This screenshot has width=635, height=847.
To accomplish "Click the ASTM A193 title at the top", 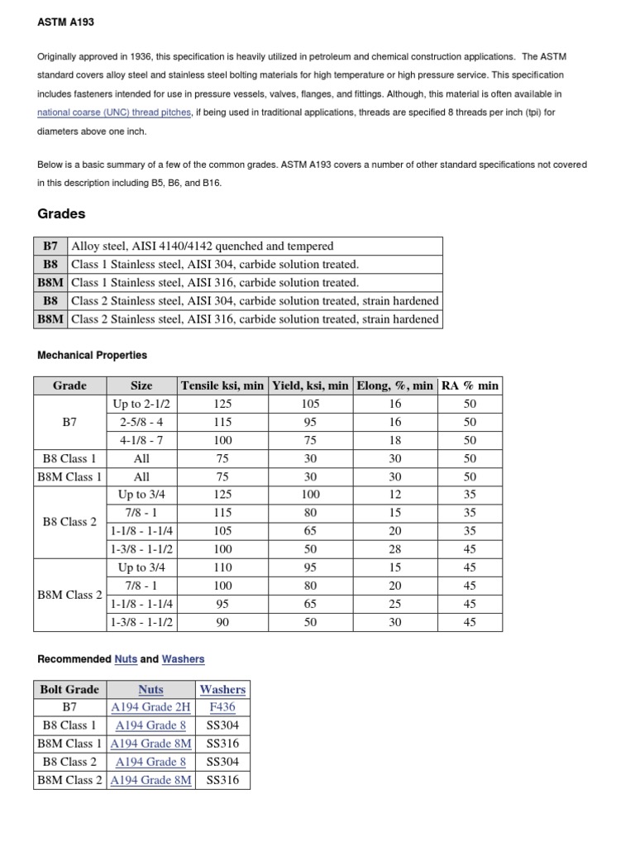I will coord(66,22).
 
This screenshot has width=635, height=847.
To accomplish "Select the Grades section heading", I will coord(61,213).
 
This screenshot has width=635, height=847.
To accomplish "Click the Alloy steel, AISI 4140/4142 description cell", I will coord(203,246).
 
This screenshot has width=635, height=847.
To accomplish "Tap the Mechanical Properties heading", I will coord(93,355).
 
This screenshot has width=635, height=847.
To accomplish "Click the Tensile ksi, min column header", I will coord(222,385).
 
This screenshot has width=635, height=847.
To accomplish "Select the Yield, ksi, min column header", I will coord(310,385).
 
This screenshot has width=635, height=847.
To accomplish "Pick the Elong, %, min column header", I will coord(394,385).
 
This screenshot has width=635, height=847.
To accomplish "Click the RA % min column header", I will coord(470,385).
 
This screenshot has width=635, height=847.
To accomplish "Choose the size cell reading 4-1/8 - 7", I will coord(141,440).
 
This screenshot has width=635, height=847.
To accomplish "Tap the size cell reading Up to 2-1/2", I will coord(141,404).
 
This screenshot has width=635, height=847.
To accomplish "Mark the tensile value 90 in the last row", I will coord(222,622).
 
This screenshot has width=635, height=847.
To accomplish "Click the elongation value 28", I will coord(395,549).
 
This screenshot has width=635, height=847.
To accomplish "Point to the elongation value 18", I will coord(395,440).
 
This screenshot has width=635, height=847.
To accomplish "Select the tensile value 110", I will coord(222,567).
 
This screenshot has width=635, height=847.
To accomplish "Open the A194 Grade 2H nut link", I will coord(151,707).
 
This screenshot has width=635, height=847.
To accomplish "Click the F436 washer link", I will coord(222,707).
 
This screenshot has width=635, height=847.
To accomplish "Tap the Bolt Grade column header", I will coord(69,689).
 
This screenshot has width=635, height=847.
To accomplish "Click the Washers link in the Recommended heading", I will coord(183,659).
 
